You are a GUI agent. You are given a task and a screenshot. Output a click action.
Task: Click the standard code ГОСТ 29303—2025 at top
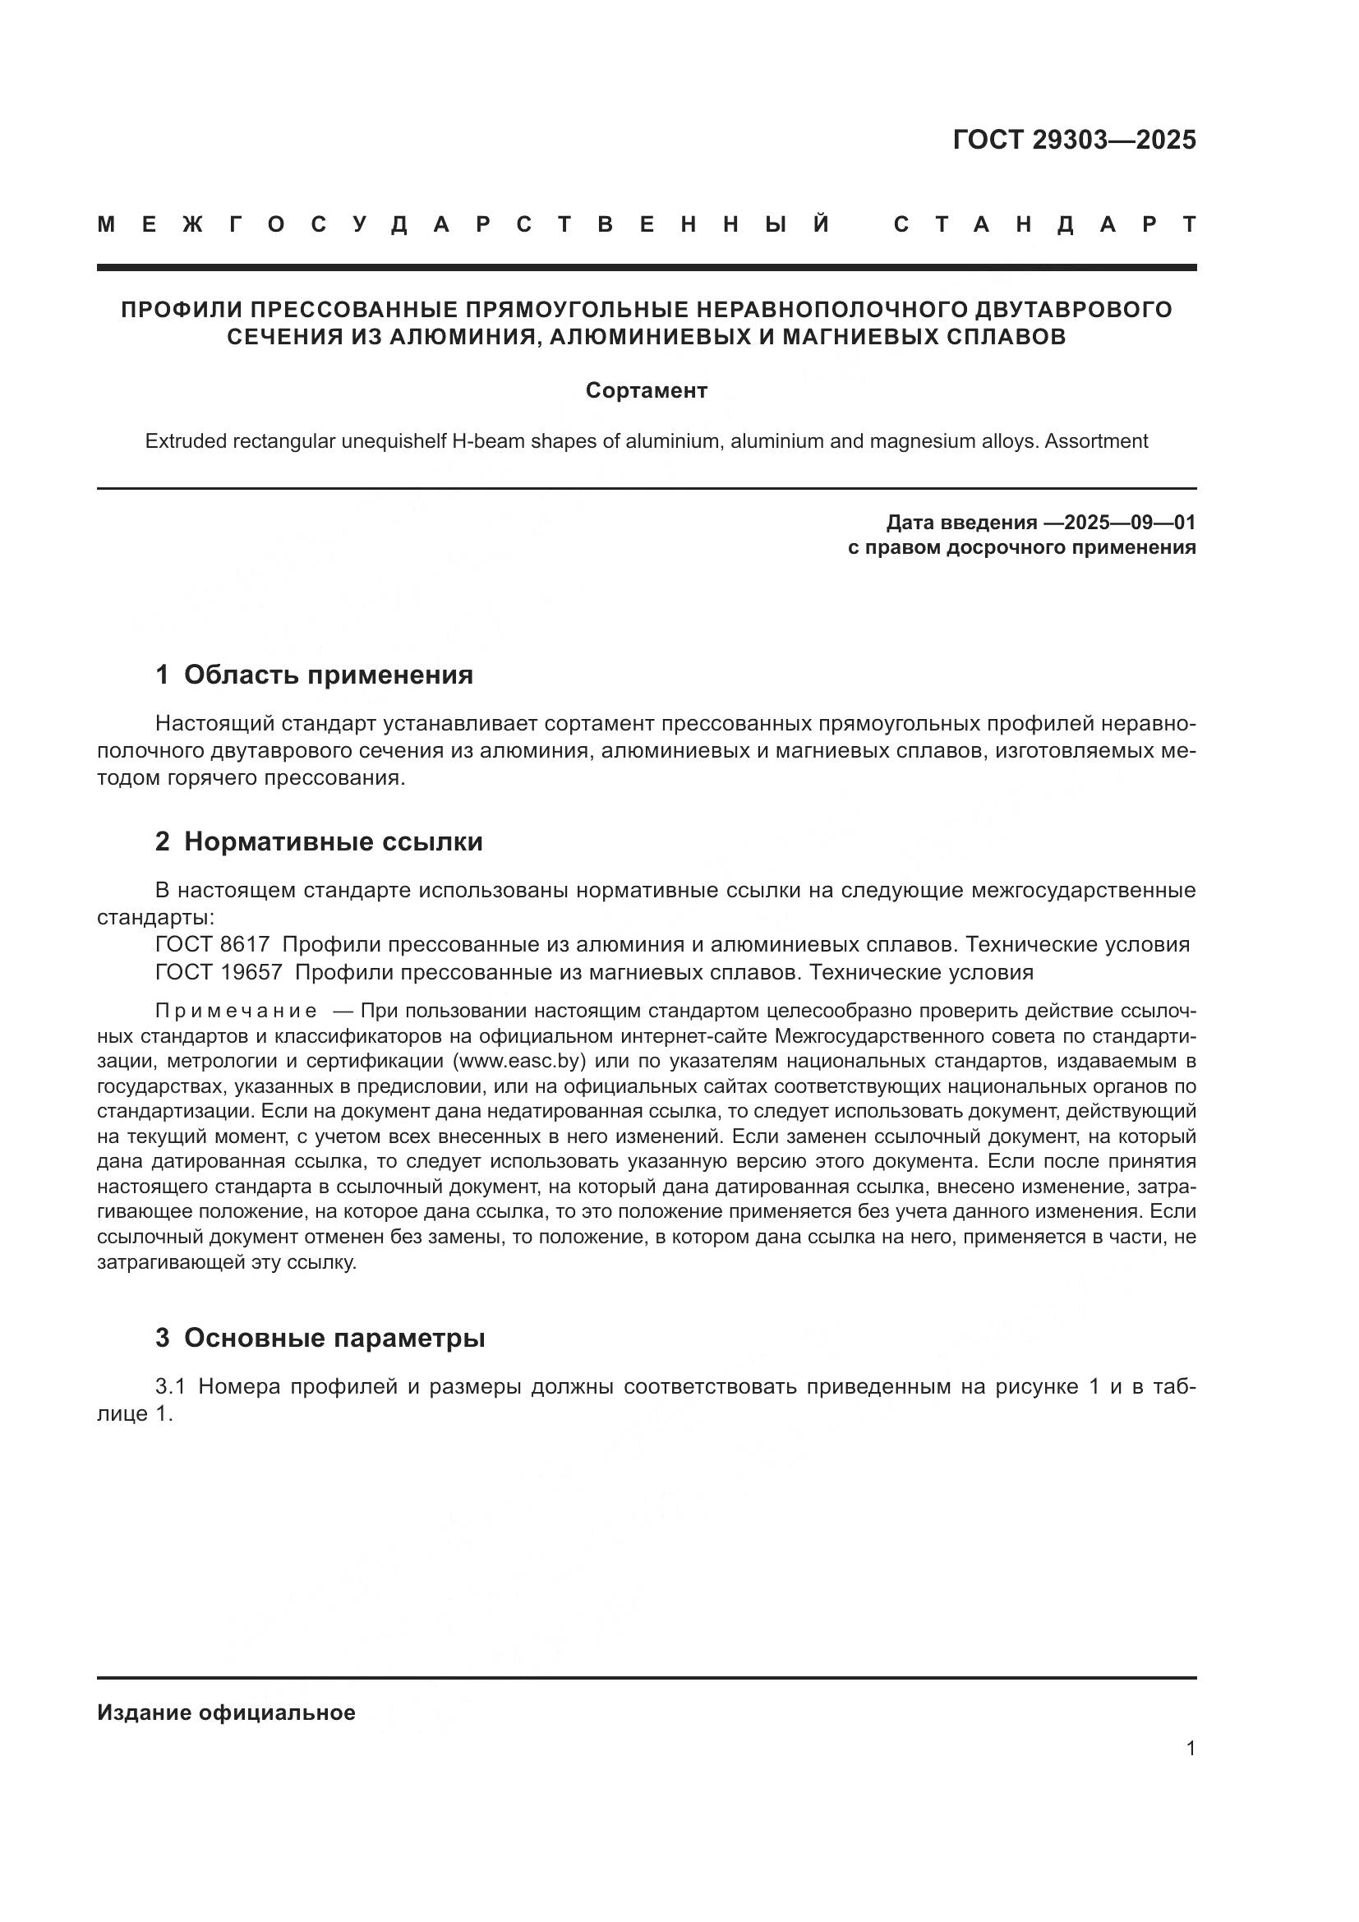[x=1074, y=140]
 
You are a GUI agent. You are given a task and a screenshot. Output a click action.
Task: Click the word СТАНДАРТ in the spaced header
[x=1044, y=224]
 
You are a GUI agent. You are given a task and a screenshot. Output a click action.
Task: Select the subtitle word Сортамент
[x=646, y=391]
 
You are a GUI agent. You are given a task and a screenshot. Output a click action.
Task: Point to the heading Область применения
[x=328, y=675]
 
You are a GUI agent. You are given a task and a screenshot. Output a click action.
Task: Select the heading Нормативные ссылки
[x=333, y=841]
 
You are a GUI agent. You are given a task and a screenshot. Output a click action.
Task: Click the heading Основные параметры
[x=334, y=1338]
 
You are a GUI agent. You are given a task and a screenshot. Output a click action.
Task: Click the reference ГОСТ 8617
[x=213, y=944]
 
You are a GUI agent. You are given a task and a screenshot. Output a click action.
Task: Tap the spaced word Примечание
[x=236, y=1012]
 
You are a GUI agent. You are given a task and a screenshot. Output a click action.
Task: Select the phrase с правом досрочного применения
[x=1021, y=548]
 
